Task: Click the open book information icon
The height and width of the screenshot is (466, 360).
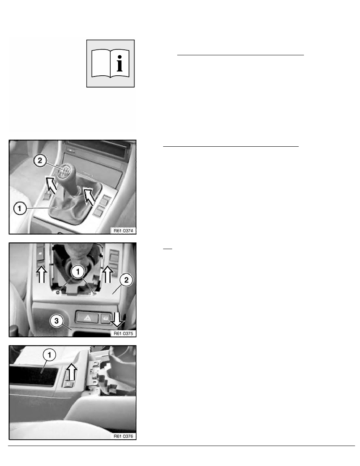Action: [x=110, y=63]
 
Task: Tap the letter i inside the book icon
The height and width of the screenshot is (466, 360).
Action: [x=120, y=63]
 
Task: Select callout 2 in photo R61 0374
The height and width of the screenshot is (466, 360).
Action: [x=40, y=161]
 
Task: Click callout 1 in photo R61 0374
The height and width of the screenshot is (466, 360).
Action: [x=20, y=208]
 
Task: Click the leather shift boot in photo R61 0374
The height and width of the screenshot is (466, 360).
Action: [x=71, y=202]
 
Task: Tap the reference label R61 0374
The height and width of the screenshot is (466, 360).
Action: [x=123, y=230]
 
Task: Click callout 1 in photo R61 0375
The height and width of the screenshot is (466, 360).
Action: [x=78, y=271]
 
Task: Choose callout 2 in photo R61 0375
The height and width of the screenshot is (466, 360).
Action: [x=126, y=280]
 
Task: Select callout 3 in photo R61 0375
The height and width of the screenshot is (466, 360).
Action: [x=56, y=321]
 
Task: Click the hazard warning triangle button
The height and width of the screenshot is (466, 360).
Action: [x=87, y=317]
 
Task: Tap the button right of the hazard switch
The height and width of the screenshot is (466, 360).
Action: [x=105, y=318]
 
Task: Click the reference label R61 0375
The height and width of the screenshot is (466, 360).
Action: [x=123, y=333]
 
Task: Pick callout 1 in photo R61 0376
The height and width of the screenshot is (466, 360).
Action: [x=49, y=355]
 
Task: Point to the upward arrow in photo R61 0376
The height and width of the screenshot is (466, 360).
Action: [x=71, y=372]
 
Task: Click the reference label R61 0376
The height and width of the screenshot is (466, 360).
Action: [x=123, y=436]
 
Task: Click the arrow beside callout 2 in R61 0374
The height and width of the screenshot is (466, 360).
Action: [x=51, y=184]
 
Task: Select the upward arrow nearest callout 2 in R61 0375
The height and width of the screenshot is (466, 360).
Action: [x=107, y=274]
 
